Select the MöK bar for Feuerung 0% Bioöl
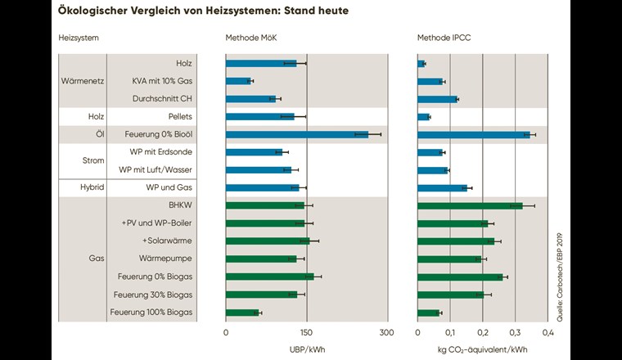click(296, 134)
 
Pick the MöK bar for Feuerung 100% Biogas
click(242, 313)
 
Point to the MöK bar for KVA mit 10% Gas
click(238, 81)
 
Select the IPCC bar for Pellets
click(423, 117)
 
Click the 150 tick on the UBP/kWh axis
click(306, 333)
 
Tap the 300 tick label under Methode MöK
click(386, 333)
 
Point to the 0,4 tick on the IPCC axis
click(548, 333)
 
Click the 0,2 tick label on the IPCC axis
click(483, 333)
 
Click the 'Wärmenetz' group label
click(83, 81)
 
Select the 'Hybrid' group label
click(83, 187)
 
